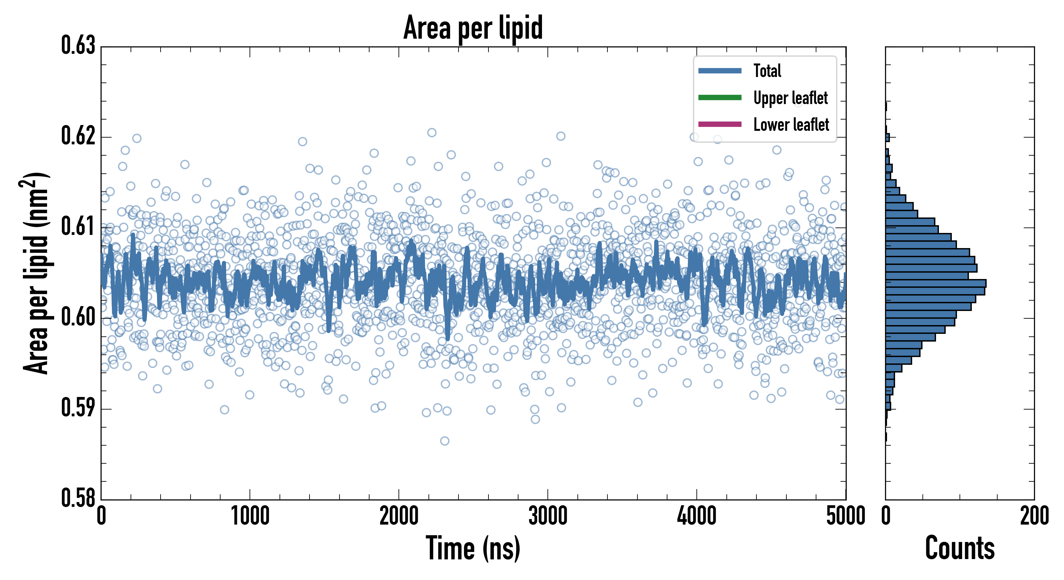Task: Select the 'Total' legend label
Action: pyautogui.click(x=767, y=71)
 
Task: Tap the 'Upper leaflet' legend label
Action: pyautogui.click(x=790, y=98)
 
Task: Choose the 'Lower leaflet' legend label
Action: pyautogui.click(x=791, y=124)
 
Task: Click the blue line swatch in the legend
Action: pyautogui.click(x=720, y=71)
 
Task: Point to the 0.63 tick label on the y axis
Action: pyautogui.click(x=78, y=45)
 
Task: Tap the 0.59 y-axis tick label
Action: pyautogui.click(x=78, y=408)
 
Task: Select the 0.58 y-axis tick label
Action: pyautogui.click(x=78, y=498)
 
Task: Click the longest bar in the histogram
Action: pyautogui.click(x=936, y=283)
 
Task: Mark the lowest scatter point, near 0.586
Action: pyautogui.click(x=444, y=441)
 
